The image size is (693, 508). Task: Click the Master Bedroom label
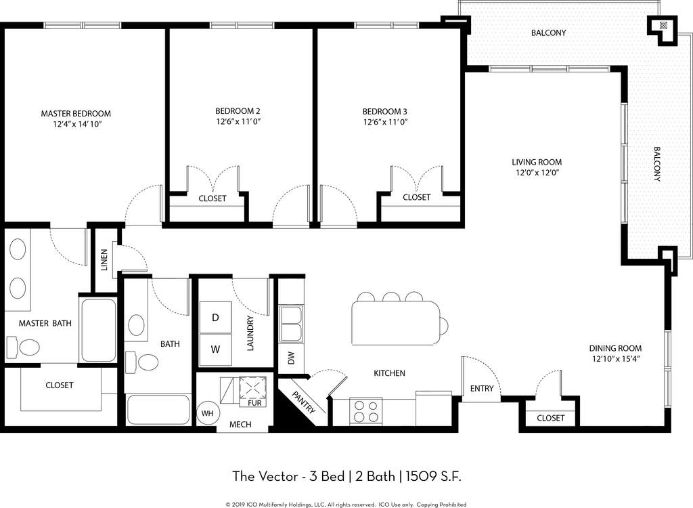76,114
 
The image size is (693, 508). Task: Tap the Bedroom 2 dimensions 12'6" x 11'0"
238,122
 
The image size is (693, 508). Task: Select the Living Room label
537,163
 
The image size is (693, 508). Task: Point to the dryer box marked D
215,317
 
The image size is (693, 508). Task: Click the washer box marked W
215,350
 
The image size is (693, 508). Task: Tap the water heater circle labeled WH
207,413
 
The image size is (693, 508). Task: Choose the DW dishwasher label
291,358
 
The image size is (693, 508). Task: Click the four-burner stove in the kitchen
366,410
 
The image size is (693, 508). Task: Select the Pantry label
304,402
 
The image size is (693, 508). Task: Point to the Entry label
482,389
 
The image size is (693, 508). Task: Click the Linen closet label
104,259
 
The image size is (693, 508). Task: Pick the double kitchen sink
290,324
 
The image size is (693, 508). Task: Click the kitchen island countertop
395,323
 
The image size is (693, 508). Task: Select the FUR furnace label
254,403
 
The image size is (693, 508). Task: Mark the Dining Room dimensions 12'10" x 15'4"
616,359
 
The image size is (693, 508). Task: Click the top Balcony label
548,33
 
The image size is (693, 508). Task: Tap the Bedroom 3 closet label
416,197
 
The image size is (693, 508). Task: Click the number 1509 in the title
421,477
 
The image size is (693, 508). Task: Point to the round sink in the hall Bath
137,325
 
